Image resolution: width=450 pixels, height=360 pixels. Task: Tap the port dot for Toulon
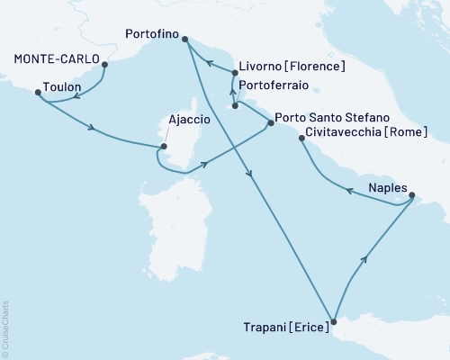coord(37,92)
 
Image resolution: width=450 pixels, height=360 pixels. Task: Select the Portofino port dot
coord(184,39)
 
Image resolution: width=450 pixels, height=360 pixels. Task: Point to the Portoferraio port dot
coord(235,105)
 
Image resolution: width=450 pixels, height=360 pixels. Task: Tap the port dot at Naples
coord(411,195)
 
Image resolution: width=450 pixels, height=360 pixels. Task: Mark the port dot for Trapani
coord(333,321)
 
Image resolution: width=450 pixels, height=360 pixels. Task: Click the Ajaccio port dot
coord(164,147)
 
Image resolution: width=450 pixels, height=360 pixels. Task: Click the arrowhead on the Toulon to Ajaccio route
coord(92,128)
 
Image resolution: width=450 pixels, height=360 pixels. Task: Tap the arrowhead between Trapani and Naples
coord(364,259)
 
